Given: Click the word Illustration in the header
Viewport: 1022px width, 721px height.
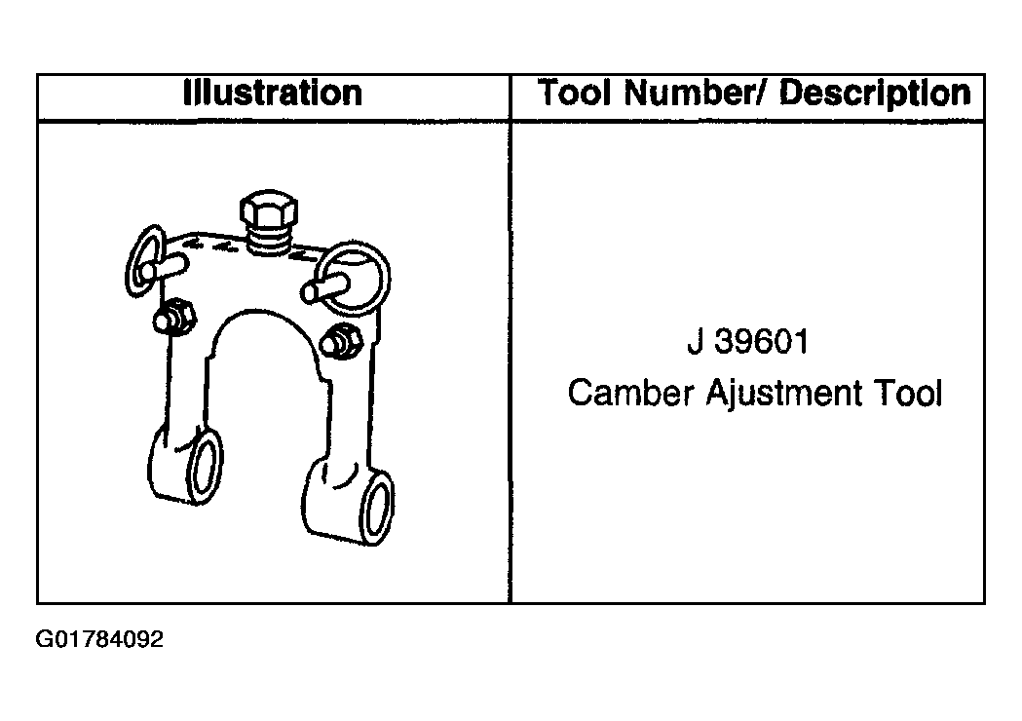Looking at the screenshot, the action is [273, 94].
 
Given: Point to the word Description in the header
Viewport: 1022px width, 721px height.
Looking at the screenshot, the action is [875, 94].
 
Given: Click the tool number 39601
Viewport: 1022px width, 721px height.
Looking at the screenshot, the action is [761, 342].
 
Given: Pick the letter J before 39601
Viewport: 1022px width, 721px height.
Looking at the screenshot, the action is [695, 342].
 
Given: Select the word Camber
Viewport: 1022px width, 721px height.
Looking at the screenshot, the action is [630, 393].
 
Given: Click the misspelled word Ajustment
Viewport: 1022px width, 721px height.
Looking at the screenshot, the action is [784, 394].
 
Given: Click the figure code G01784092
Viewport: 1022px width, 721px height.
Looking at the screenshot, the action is [99, 639].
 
